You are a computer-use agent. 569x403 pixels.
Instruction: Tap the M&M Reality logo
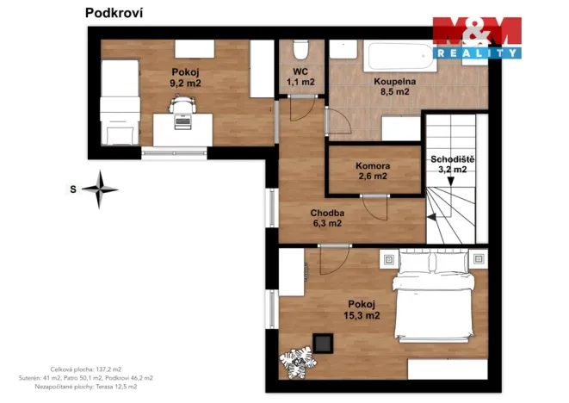click(476, 37)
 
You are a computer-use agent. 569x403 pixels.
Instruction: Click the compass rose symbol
click(102, 189)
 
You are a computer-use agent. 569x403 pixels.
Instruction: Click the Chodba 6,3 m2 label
click(328, 218)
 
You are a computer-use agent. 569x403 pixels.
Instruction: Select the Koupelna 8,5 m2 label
click(394, 86)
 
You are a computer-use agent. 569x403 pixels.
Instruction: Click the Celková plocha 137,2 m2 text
click(85, 369)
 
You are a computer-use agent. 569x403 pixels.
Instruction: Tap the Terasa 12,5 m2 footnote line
click(85, 387)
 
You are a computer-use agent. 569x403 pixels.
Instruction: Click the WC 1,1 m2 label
click(300, 77)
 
